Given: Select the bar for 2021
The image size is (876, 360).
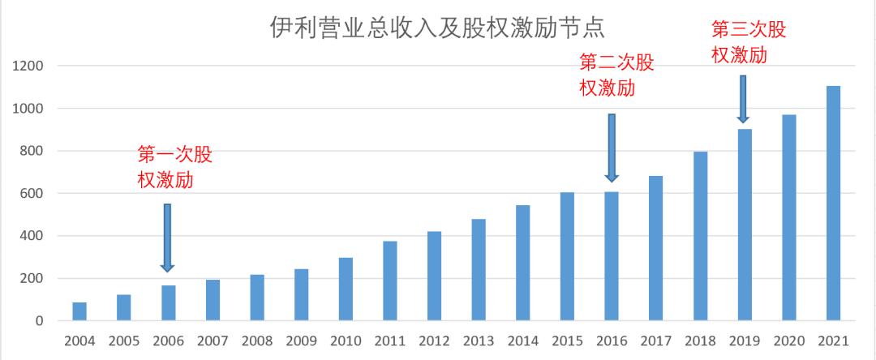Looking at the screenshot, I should point(833,204).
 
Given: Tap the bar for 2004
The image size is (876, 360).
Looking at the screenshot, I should point(79,312).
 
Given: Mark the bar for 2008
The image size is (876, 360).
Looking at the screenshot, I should point(257,298).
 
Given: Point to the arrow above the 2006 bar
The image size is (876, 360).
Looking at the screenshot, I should point(168,237).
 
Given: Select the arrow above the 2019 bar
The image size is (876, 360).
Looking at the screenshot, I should point(742,99).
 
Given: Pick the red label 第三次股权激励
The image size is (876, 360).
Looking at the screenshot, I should point(748,41).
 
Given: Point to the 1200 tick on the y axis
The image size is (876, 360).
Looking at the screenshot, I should point(28,66).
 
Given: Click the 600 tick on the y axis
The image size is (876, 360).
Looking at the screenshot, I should point(32,194).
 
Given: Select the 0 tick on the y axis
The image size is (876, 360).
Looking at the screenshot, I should point(39,322).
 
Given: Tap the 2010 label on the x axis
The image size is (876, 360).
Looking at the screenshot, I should point(346,341).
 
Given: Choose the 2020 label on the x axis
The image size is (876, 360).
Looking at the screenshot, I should point(788,341).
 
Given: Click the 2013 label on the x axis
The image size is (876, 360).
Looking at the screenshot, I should point(479,341).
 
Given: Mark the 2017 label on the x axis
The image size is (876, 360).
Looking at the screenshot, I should point(655,341).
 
